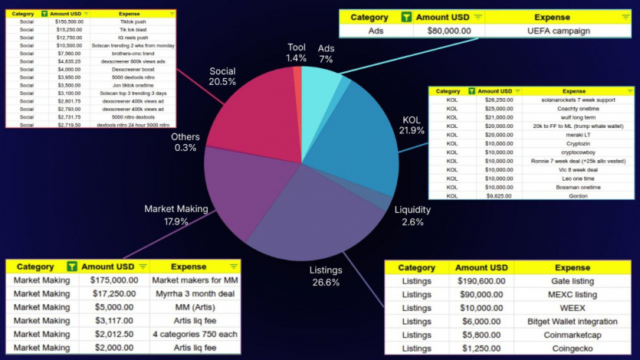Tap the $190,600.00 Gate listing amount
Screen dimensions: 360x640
(481, 280)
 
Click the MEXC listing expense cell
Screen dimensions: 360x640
(573, 294)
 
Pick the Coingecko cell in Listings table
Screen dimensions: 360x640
(573, 349)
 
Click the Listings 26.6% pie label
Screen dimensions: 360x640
(325, 277)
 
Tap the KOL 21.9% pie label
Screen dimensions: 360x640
(412, 126)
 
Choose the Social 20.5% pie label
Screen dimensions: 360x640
(222, 77)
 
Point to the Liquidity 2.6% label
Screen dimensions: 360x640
(412, 216)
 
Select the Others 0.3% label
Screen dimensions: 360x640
(185, 142)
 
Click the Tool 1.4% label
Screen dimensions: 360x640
(296, 53)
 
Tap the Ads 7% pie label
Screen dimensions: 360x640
(326, 53)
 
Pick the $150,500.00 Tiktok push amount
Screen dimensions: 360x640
(69, 21)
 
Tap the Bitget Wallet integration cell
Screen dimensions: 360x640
(573, 321)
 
